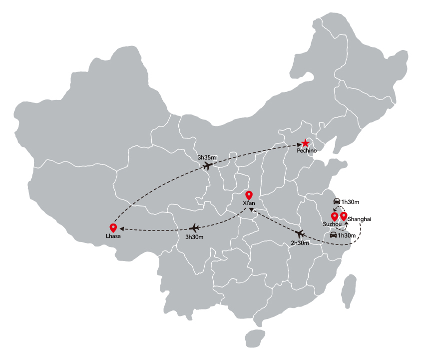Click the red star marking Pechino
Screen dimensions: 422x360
pyautogui.click(x=305, y=143)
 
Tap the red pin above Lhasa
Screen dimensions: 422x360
pyautogui.click(x=113, y=228)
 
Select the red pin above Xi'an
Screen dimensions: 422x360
pyautogui.click(x=249, y=195)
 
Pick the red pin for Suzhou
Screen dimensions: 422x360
pyautogui.click(x=334, y=216)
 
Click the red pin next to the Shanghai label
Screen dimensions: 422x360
pyautogui.click(x=344, y=216)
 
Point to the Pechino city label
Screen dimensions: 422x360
pyautogui.click(x=307, y=150)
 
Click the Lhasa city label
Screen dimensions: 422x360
pyautogui.click(x=113, y=236)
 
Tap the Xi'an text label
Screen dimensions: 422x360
pyautogui.click(x=249, y=203)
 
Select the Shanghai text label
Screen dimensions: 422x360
pyautogui.click(x=359, y=219)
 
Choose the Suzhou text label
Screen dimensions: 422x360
pyautogui.click(x=332, y=224)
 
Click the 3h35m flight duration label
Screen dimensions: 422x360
pyautogui.click(x=206, y=157)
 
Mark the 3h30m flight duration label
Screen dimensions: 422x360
pyautogui.click(x=194, y=237)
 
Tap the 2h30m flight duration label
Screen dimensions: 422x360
pyautogui.click(x=300, y=243)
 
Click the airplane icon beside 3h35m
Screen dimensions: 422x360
pyautogui.click(x=207, y=165)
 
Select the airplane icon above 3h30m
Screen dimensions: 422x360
pyautogui.click(x=194, y=228)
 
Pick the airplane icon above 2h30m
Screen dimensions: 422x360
pyautogui.click(x=300, y=233)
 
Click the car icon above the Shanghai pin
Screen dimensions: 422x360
pyautogui.click(x=337, y=201)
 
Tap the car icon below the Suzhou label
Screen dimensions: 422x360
pyautogui.click(x=334, y=235)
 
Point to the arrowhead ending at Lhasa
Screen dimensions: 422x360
pyautogui.click(x=122, y=229)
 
